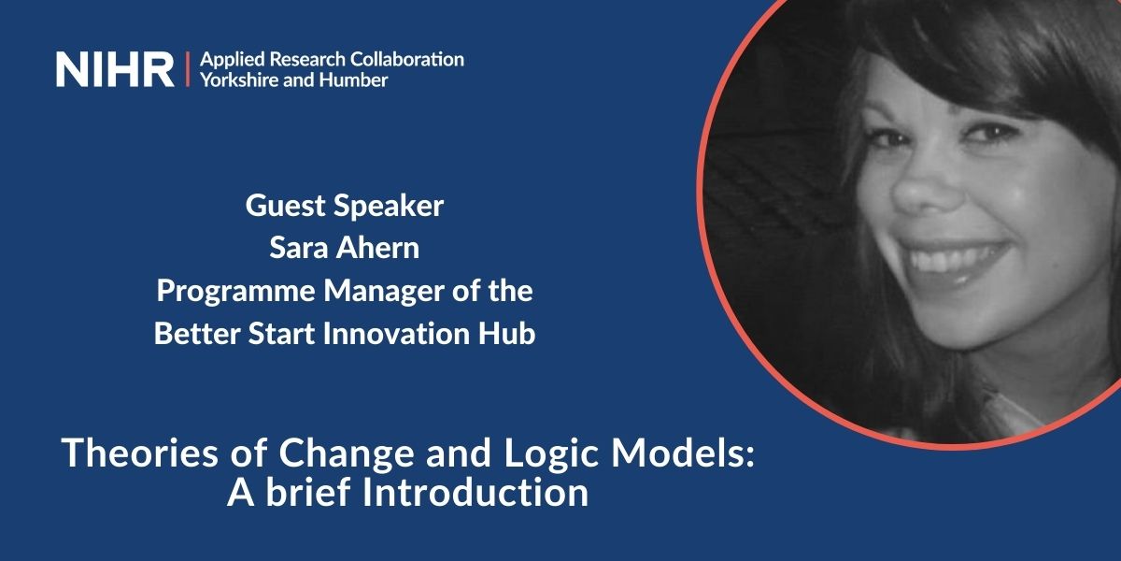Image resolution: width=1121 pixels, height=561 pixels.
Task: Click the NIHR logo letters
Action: click(114, 70)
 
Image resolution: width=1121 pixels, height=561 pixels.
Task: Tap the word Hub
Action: click(514, 334)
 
